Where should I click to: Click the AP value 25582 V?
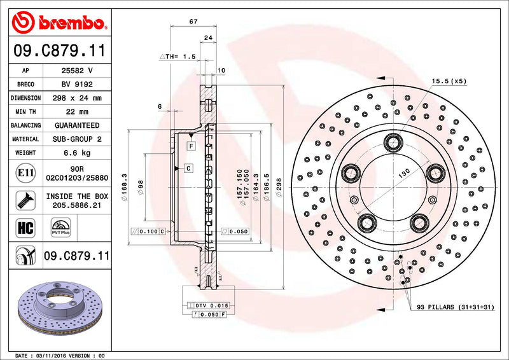[76, 71]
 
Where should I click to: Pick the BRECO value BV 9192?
[76, 84]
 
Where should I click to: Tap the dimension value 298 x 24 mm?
[76, 98]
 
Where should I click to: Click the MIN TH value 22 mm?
[76, 112]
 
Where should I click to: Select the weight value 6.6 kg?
[76, 153]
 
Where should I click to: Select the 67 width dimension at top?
[192, 22]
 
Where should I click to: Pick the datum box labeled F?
[190, 146]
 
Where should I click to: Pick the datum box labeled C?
[189, 168]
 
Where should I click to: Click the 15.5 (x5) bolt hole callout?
[449, 81]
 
